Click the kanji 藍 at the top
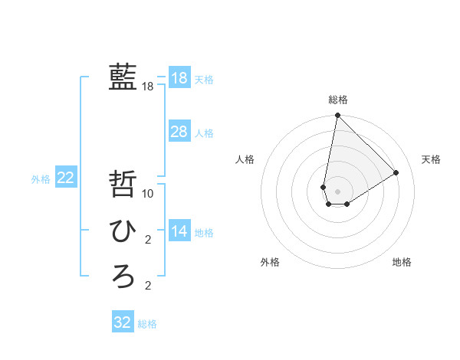pos(123,77)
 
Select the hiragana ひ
pos(123,229)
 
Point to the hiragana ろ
pos(123,275)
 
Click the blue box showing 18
pos(179,77)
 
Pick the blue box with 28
pos(179,132)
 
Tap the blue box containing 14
pos(179,231)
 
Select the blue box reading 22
pos(65,178)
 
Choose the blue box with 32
pos(122,322)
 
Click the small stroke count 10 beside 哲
pos(148,194)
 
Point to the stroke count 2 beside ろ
pos(148,286)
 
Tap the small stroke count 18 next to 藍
pos(148,87)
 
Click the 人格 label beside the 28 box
pos(204,133)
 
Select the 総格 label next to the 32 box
pos(147,324)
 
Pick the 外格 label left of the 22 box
pos(41,179)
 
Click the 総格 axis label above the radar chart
pos(337,100)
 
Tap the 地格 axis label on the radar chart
pos(402,262)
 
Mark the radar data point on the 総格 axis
pos(337,116)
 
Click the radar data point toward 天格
pos(396,172)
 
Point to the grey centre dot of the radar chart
pos(337,191)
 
